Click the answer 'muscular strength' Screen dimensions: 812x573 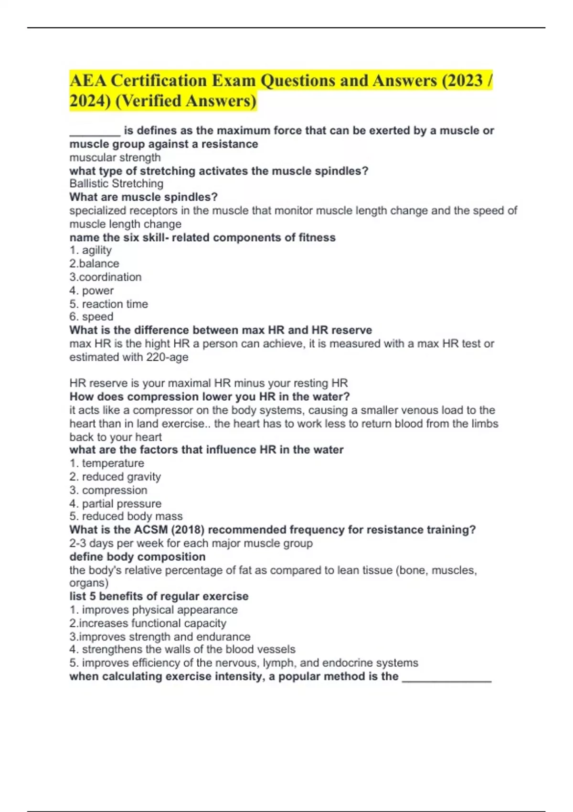tap(115, 157)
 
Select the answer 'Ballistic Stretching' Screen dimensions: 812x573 tap(116, 183)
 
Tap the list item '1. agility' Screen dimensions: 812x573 tap(90, 250)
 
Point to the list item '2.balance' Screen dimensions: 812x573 tap(94, 263)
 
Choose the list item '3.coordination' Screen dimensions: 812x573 tap(105, 277)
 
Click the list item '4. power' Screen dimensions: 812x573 tap(91, 290)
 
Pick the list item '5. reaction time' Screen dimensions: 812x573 tap(108, 304)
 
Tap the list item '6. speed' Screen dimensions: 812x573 tap(91, 317)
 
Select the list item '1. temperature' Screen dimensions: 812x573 tap(106, 463)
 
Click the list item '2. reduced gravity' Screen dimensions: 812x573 tap(115, 477)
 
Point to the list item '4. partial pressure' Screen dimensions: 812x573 tap(115, 503)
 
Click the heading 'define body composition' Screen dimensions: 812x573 tap(138, 556)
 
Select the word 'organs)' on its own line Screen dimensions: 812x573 tap(89, 583)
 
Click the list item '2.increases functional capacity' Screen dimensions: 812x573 tap(148, 623)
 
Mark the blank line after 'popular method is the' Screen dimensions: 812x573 tap(447, 677)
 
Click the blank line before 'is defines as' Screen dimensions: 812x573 tap(95, 131)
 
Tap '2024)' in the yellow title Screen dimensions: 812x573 tap(90, 101)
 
